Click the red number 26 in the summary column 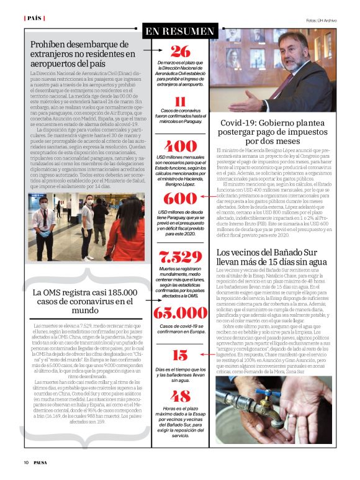click(x=180, y=52)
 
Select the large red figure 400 click(x=180, y=147)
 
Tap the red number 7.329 click(x=180, y=256)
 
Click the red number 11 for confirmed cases click(x=180, y=102)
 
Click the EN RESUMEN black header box click(x=180, y=30)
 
